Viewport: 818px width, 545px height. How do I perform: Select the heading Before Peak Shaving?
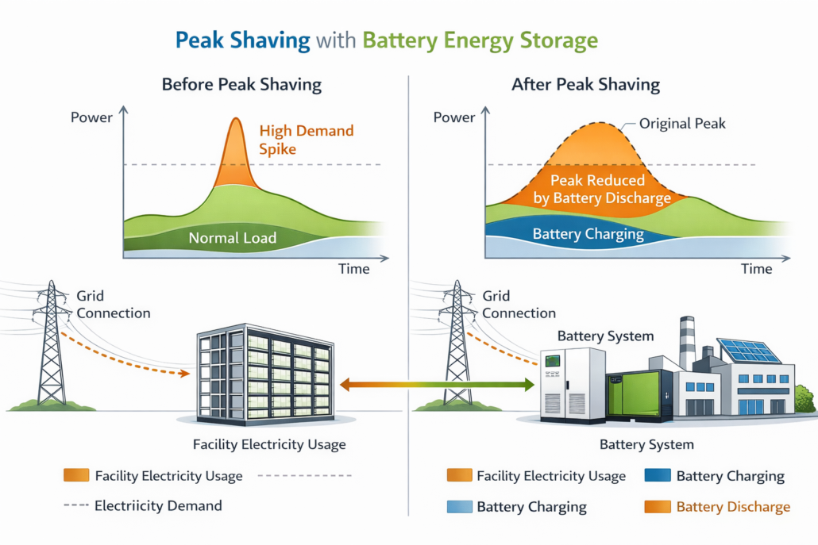click(241, 84)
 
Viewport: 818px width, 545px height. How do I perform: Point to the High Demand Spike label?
click(307, 139)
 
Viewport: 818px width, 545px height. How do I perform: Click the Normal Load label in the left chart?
click(233, 237)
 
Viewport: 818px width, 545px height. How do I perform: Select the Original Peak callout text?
click(682, 124)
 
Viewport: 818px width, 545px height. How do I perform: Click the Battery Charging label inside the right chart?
click(588, 234)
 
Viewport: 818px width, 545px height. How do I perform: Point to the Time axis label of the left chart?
click(353, 269)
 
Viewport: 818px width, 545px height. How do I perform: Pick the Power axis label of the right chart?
click(454, 117)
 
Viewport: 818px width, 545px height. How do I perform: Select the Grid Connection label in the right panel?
click(519, 305)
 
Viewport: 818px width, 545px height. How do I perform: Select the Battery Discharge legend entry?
click(733, 506)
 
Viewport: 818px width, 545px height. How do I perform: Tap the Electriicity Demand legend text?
click(158, 505)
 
